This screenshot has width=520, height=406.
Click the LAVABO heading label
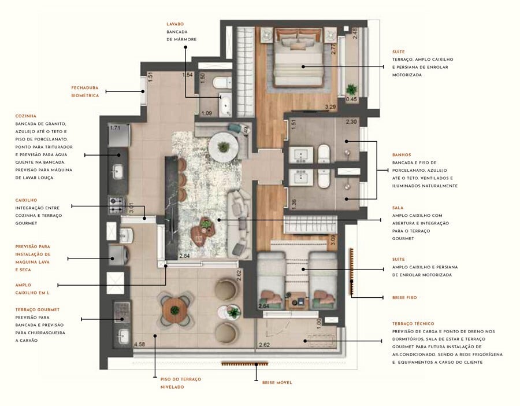175,24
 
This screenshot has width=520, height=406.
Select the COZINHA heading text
26,116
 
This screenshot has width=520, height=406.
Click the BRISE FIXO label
404,297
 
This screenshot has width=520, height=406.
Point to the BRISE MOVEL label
277,382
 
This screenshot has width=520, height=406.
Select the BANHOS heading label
402,154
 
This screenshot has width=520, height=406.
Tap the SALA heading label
398,207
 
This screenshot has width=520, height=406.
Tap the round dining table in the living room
223,146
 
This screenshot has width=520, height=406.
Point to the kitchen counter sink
118,171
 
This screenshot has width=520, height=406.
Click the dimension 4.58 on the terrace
139,345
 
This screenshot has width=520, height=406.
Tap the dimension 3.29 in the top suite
330,107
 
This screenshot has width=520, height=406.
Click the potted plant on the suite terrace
351,89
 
